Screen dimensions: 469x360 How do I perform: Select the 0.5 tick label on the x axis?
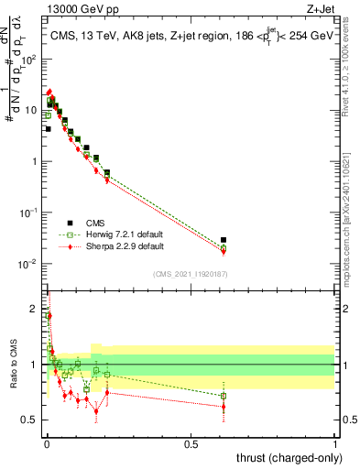click(191, 444)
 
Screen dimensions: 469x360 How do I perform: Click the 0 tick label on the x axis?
click(46, 444)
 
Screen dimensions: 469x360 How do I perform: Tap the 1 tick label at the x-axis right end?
click(335, 444)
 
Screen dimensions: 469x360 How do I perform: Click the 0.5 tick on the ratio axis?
click(29, 420)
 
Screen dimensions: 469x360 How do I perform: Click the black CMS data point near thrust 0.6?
click(224, 240)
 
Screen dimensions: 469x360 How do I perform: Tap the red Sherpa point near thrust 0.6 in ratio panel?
click(224, 407)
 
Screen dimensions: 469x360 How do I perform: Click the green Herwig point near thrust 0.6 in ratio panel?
click(224, 396)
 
